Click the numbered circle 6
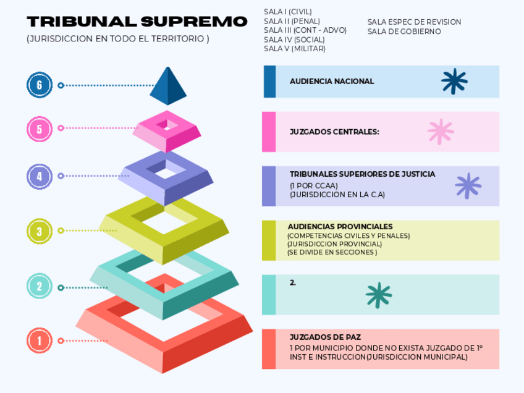point(40,85)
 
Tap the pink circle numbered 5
point(40,129)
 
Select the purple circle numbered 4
point(40,176)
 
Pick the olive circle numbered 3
point(40,231)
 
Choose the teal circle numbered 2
point(40,286)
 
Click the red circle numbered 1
point(40,340)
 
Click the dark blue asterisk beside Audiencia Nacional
point(454,82)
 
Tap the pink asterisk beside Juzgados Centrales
point(441,132)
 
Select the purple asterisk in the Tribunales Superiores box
point(468,186)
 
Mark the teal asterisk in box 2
point(379,295)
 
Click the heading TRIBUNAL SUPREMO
point(137,22)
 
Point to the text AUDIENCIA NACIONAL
point(332,81)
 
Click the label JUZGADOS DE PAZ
point(325,337)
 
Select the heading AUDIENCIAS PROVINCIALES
point(340,227)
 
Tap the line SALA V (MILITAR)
point(294,48)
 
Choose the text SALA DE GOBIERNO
point(404,31)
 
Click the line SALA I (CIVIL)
point(287,12)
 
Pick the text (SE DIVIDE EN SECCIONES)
point(332,252)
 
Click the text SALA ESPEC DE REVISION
point(414,22)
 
